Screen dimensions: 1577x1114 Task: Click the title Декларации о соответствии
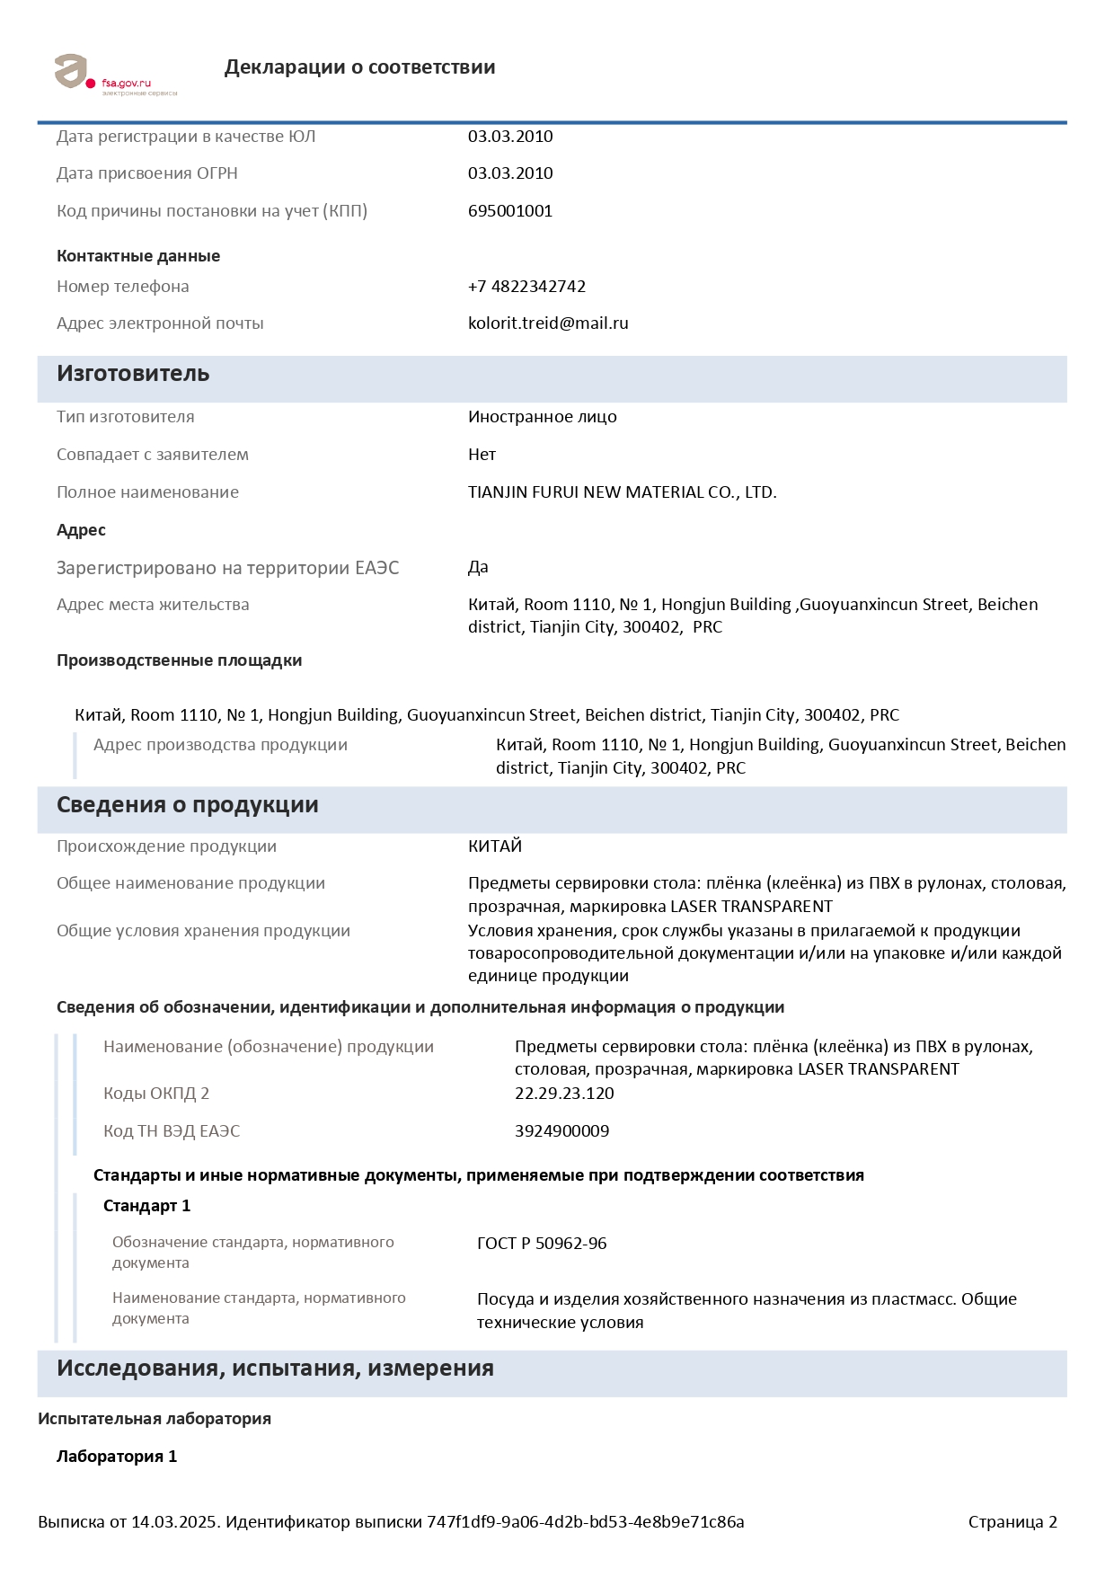pyautogui.click(x=359, y=67)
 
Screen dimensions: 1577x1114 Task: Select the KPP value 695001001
pyautogui.click(x=510, y=211)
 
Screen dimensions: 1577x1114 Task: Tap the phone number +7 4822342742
pyautogui.click(x=526, y=287)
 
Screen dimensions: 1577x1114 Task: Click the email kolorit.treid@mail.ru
pyautogui.click(x=548, y=323)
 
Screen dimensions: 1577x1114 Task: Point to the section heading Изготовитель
pyautogui.click(x=133, y=374)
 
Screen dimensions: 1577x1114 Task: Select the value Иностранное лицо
pyautogui.click(x=542, y=417)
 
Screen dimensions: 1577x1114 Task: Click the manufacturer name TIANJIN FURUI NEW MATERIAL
pyautogui.click(x=622, y=492)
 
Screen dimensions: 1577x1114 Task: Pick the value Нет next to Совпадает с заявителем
pyautogui.click(x=482, y=455)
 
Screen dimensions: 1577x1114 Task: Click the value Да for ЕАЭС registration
pyautogui.click(x=478, y=568)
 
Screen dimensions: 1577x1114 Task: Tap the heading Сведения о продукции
pyautogui.click(x=187, y=805)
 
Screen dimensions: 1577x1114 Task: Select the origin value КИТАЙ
pyautogui.click(x=495, y=846)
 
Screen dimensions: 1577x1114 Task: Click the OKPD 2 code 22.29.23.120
pyautogui.click(x=564, y=1094)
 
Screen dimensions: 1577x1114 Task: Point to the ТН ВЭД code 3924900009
pyautogui.click(x=561, y=1131)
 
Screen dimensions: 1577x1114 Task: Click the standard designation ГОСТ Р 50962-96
pyautogui.click(x=542, y=1244)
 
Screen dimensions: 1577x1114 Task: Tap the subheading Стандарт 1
pyautogui.click(x=146, y=1206)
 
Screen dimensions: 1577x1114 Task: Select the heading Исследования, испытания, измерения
pyautogui.click(x=275, y=1369)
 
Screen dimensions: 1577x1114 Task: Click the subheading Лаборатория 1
pyautogui.click(x=117, y=1457)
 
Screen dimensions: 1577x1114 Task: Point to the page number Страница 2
pyautogui.click(x=1012, y=1522)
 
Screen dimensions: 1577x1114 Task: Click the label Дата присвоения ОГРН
pyautogui.click(x=147, y=173)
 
